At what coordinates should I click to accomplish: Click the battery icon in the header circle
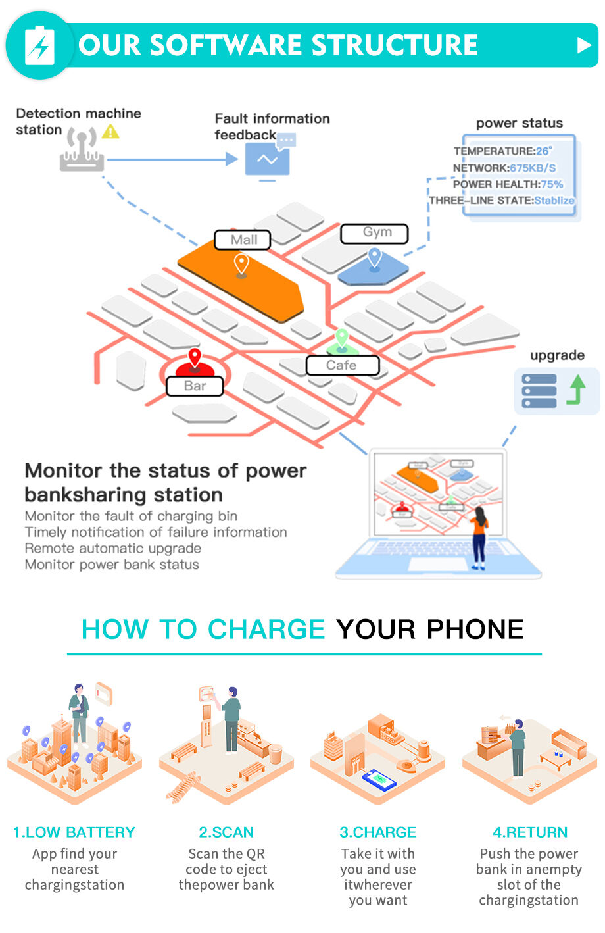click(39, 45)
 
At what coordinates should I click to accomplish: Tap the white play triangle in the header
click(583, 45)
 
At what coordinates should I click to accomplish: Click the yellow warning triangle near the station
click(110, 132)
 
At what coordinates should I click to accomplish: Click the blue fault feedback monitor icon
click(268, 159)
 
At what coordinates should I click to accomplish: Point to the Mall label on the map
click(243, 240)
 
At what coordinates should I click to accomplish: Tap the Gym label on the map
click(375, 233)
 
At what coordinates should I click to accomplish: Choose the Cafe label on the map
click(342, 365)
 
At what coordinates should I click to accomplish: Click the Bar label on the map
click(195, 386)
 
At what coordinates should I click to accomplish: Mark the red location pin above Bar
click(195, 357)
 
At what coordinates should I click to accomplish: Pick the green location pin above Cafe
click(341, 338)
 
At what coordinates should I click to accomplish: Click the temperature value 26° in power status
click(544, 151)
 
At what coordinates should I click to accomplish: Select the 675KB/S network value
click(533, 168)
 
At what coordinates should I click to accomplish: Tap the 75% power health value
click(552, 184)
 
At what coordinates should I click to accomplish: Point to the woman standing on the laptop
click(479, 536)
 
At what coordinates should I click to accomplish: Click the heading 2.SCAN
click(226, 832)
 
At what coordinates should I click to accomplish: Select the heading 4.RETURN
click(530, 832)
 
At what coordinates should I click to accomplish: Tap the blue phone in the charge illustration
click(379, 780)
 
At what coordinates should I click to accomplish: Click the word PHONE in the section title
click(475, 630)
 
